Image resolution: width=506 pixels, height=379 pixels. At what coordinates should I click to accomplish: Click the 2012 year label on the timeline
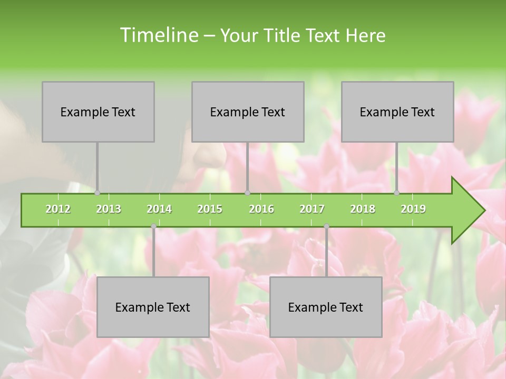coord(58,209)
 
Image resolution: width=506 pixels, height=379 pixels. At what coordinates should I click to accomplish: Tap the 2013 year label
coord(109,209)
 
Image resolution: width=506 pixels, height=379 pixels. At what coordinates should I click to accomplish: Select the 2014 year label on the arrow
coord(159,209)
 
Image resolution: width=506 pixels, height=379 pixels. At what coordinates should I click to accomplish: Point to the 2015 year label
coord(210,209)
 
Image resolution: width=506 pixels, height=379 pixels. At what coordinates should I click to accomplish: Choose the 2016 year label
coord(261,209)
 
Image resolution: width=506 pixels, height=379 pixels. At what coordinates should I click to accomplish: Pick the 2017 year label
coord(312,209)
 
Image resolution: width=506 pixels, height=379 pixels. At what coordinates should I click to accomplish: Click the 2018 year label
coord(363,209)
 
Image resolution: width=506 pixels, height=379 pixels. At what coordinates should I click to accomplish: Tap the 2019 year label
coord(413,209)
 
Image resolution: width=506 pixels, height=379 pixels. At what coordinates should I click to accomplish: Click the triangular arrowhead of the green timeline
coord(467,211)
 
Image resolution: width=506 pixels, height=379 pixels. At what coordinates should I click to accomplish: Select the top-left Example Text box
coord(98,112)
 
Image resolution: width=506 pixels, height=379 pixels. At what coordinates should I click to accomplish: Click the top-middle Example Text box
coord(248,112)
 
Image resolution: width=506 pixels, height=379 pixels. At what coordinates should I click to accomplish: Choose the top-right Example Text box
coord(397,112)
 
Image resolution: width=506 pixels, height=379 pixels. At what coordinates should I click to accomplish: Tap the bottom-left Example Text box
coord(153,307)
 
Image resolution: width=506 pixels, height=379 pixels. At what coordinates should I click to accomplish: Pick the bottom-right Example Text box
coord(326,307)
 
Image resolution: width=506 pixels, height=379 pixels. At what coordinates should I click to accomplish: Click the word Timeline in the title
coord(158,35)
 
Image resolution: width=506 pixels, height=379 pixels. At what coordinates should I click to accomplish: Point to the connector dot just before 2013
coord(98,193)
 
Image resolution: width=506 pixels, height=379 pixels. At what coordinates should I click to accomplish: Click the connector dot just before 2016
coord(247,193)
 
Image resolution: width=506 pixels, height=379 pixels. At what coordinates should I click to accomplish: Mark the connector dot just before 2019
coord(397,193)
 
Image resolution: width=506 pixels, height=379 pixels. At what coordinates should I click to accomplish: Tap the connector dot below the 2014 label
coord(153,226)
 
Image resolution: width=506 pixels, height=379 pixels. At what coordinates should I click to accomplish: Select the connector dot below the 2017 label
coord(326,226)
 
